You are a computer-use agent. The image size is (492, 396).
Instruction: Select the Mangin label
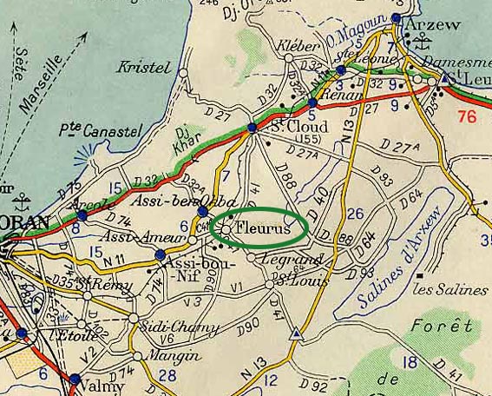click(164, 354)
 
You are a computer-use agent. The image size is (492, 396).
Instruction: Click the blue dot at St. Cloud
click(252, 128)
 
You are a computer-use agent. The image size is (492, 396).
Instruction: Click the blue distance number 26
click(355, 214)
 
